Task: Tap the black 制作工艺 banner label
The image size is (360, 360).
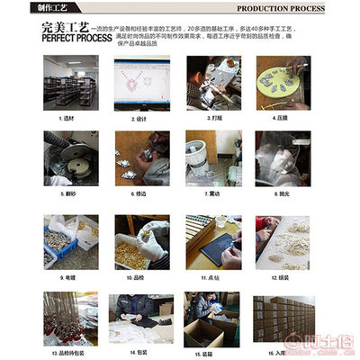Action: tap(26, 8)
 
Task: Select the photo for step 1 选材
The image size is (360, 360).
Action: tap(71, 84)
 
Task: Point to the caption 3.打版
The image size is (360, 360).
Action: tap(213, 117)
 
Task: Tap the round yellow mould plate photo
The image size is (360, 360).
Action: tap(283, 84)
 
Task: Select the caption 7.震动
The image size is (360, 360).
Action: tap(213, 192)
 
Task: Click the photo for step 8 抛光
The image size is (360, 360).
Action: tap(283, 158)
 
